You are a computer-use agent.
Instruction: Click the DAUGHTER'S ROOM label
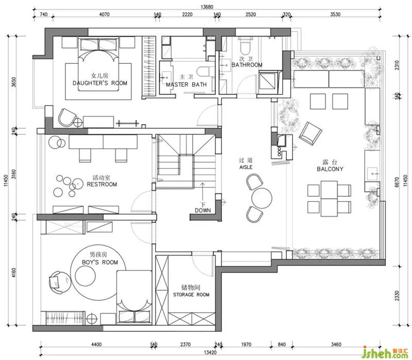100,83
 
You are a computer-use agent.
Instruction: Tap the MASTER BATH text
186,84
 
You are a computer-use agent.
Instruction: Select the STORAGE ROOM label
191,295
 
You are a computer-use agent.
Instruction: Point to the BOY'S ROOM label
100,262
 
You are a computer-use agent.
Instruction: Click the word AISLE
246,167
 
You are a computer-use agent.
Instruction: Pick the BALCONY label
330,169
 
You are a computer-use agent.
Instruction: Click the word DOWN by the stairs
202,210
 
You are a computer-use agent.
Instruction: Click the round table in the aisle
262,198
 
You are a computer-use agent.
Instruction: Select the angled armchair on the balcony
311,133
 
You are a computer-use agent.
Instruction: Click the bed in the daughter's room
99,64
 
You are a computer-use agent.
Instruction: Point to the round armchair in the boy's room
59,282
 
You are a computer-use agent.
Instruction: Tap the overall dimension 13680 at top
207,7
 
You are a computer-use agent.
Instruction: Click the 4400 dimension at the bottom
96,344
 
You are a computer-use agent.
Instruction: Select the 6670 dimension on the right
397,182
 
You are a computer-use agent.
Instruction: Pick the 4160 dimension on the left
14,273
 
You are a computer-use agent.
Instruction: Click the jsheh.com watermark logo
385,352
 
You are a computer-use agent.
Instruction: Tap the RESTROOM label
101,184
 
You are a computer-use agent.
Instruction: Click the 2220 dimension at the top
187,14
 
